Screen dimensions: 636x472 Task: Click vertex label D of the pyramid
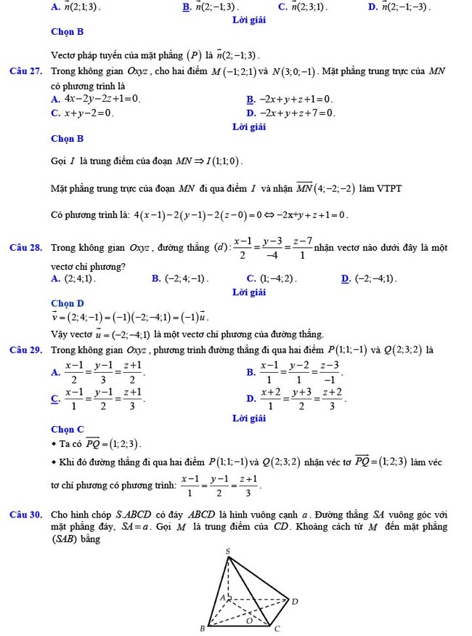[295, 601]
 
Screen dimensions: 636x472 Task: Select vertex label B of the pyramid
[202, 628]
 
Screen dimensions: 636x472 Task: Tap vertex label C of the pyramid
[277, 628]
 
